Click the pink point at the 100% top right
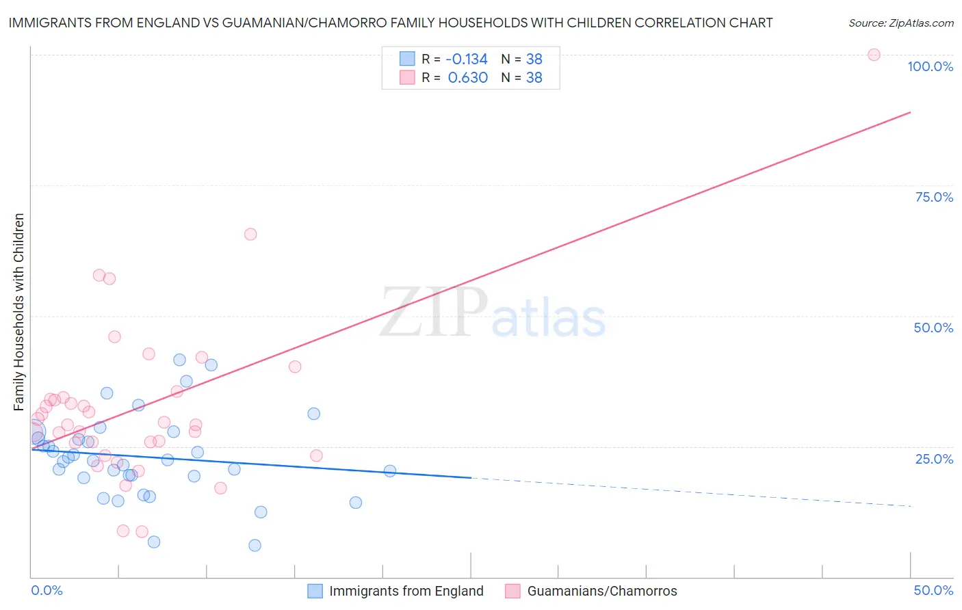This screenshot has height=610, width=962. [874, 55]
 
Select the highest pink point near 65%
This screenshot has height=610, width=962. [250, 234]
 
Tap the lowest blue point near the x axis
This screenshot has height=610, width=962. [255, 545]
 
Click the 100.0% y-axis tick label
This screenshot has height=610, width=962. [930, 66]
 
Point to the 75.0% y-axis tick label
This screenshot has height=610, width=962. [934, 197]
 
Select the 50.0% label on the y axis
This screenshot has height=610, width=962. [933, 328]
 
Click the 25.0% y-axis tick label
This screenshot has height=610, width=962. [934, 459]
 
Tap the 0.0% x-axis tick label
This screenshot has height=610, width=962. [47, 590]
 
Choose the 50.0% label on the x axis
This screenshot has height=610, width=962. [933, 590]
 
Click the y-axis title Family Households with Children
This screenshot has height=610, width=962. [18, 312]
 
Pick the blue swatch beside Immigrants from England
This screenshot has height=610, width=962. [315, 591]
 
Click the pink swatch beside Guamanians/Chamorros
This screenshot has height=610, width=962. [512, 591]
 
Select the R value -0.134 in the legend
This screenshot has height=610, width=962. [467, 59]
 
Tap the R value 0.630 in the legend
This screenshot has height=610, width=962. [467, 77]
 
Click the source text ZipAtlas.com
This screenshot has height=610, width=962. [900, 23]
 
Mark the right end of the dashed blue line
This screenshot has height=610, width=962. [911, 505]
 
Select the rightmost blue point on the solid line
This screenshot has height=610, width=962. [390, 470]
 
